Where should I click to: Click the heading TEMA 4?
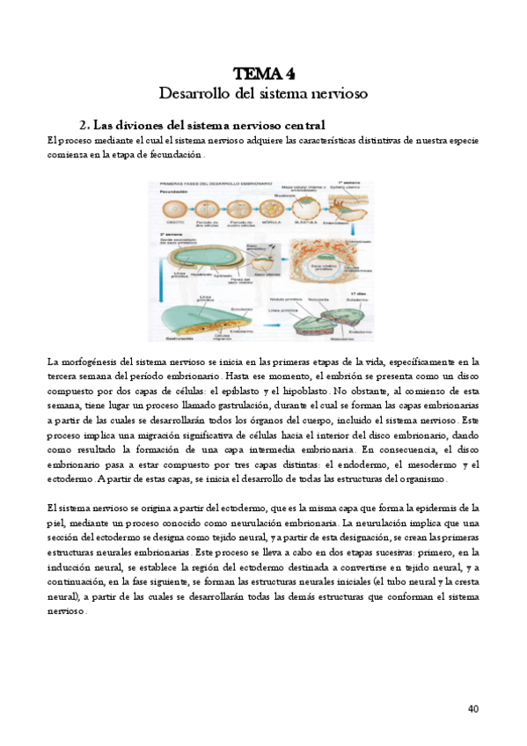(x=263, y=73)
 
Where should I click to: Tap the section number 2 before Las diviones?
(x=83, y=125)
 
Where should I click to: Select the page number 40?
(x=472, y=709)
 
